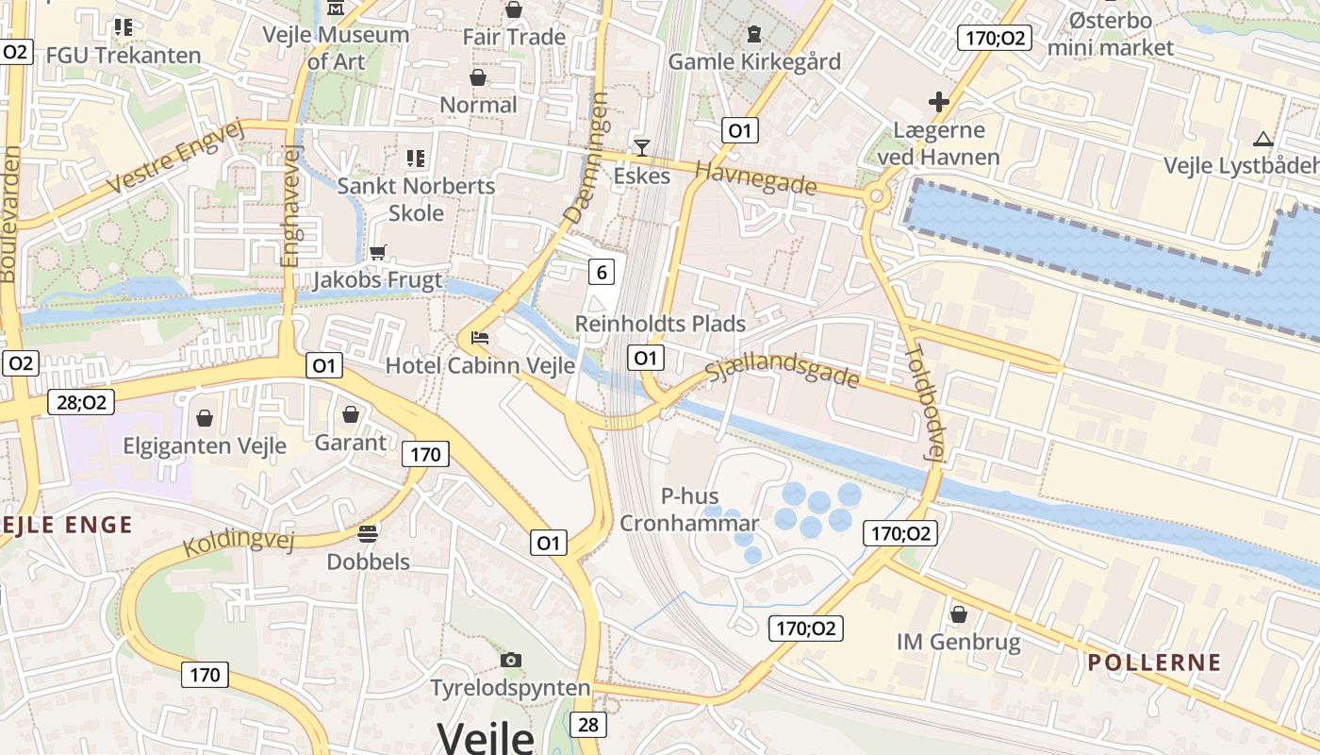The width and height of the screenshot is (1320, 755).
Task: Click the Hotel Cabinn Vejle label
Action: (x=480, y=365)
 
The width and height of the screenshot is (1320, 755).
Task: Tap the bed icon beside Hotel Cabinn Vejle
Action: (x=479, y=337)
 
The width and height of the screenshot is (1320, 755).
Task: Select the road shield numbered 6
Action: (x=601, y=273)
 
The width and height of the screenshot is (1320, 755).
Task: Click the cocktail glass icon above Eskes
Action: (x=642, y=147)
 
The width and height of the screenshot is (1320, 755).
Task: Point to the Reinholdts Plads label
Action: (x=660, y=324)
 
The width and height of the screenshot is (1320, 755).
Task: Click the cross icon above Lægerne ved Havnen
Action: (x=939, y=101)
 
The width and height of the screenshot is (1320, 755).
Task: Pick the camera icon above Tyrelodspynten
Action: (x=511, y=660)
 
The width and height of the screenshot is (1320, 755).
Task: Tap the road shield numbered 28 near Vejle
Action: (x=588, y=725)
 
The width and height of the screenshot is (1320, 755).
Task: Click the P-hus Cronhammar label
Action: (x=689, y=510)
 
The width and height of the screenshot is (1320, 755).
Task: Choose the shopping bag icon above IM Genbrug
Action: (x=959, y=614)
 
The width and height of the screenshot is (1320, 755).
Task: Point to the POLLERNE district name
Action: (x=1154, y=663)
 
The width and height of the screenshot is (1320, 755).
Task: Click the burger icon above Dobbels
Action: (x=368, y=533)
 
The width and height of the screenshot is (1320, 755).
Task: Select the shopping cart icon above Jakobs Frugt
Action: (x=377, y=252)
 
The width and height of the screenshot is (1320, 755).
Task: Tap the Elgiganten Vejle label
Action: (x=205, y=445)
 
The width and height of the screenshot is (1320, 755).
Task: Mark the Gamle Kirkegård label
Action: (x=754, y=61)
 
